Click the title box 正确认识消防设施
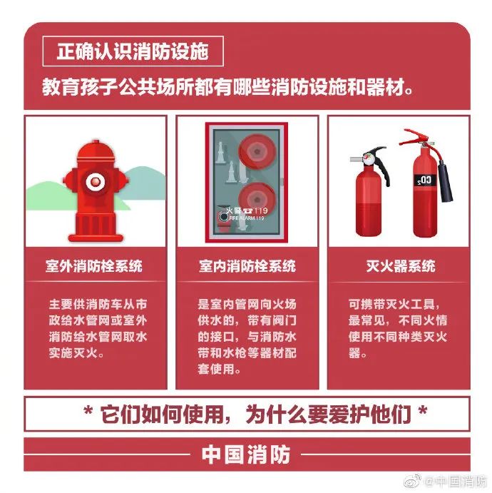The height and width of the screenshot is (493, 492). (133, 51)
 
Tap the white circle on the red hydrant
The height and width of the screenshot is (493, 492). (95, 181)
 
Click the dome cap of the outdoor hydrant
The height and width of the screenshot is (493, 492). (96, 151)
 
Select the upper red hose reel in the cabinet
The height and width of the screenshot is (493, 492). (257, 152)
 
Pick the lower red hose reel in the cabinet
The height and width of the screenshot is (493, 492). (257, 200)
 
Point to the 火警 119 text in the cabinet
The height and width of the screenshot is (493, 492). (247, 210)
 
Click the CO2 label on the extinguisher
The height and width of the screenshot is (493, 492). (424, 181)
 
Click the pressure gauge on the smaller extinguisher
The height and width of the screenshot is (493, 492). (370, 159)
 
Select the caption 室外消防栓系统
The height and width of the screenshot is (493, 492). (94, 266)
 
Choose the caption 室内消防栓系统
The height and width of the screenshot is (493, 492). (247, 266)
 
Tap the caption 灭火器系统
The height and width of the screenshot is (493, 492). (401, 266)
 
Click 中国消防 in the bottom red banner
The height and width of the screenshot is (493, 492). (246, 454)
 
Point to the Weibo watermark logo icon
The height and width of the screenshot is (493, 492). (413, 480)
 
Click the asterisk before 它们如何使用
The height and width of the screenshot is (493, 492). (88, 411)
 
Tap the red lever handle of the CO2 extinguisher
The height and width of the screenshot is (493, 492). (415, 138)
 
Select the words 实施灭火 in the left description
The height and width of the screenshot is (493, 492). (73, 353)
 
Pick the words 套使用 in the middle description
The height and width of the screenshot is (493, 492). (215, 369)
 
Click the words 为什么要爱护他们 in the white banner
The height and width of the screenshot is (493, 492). (328, 414)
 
